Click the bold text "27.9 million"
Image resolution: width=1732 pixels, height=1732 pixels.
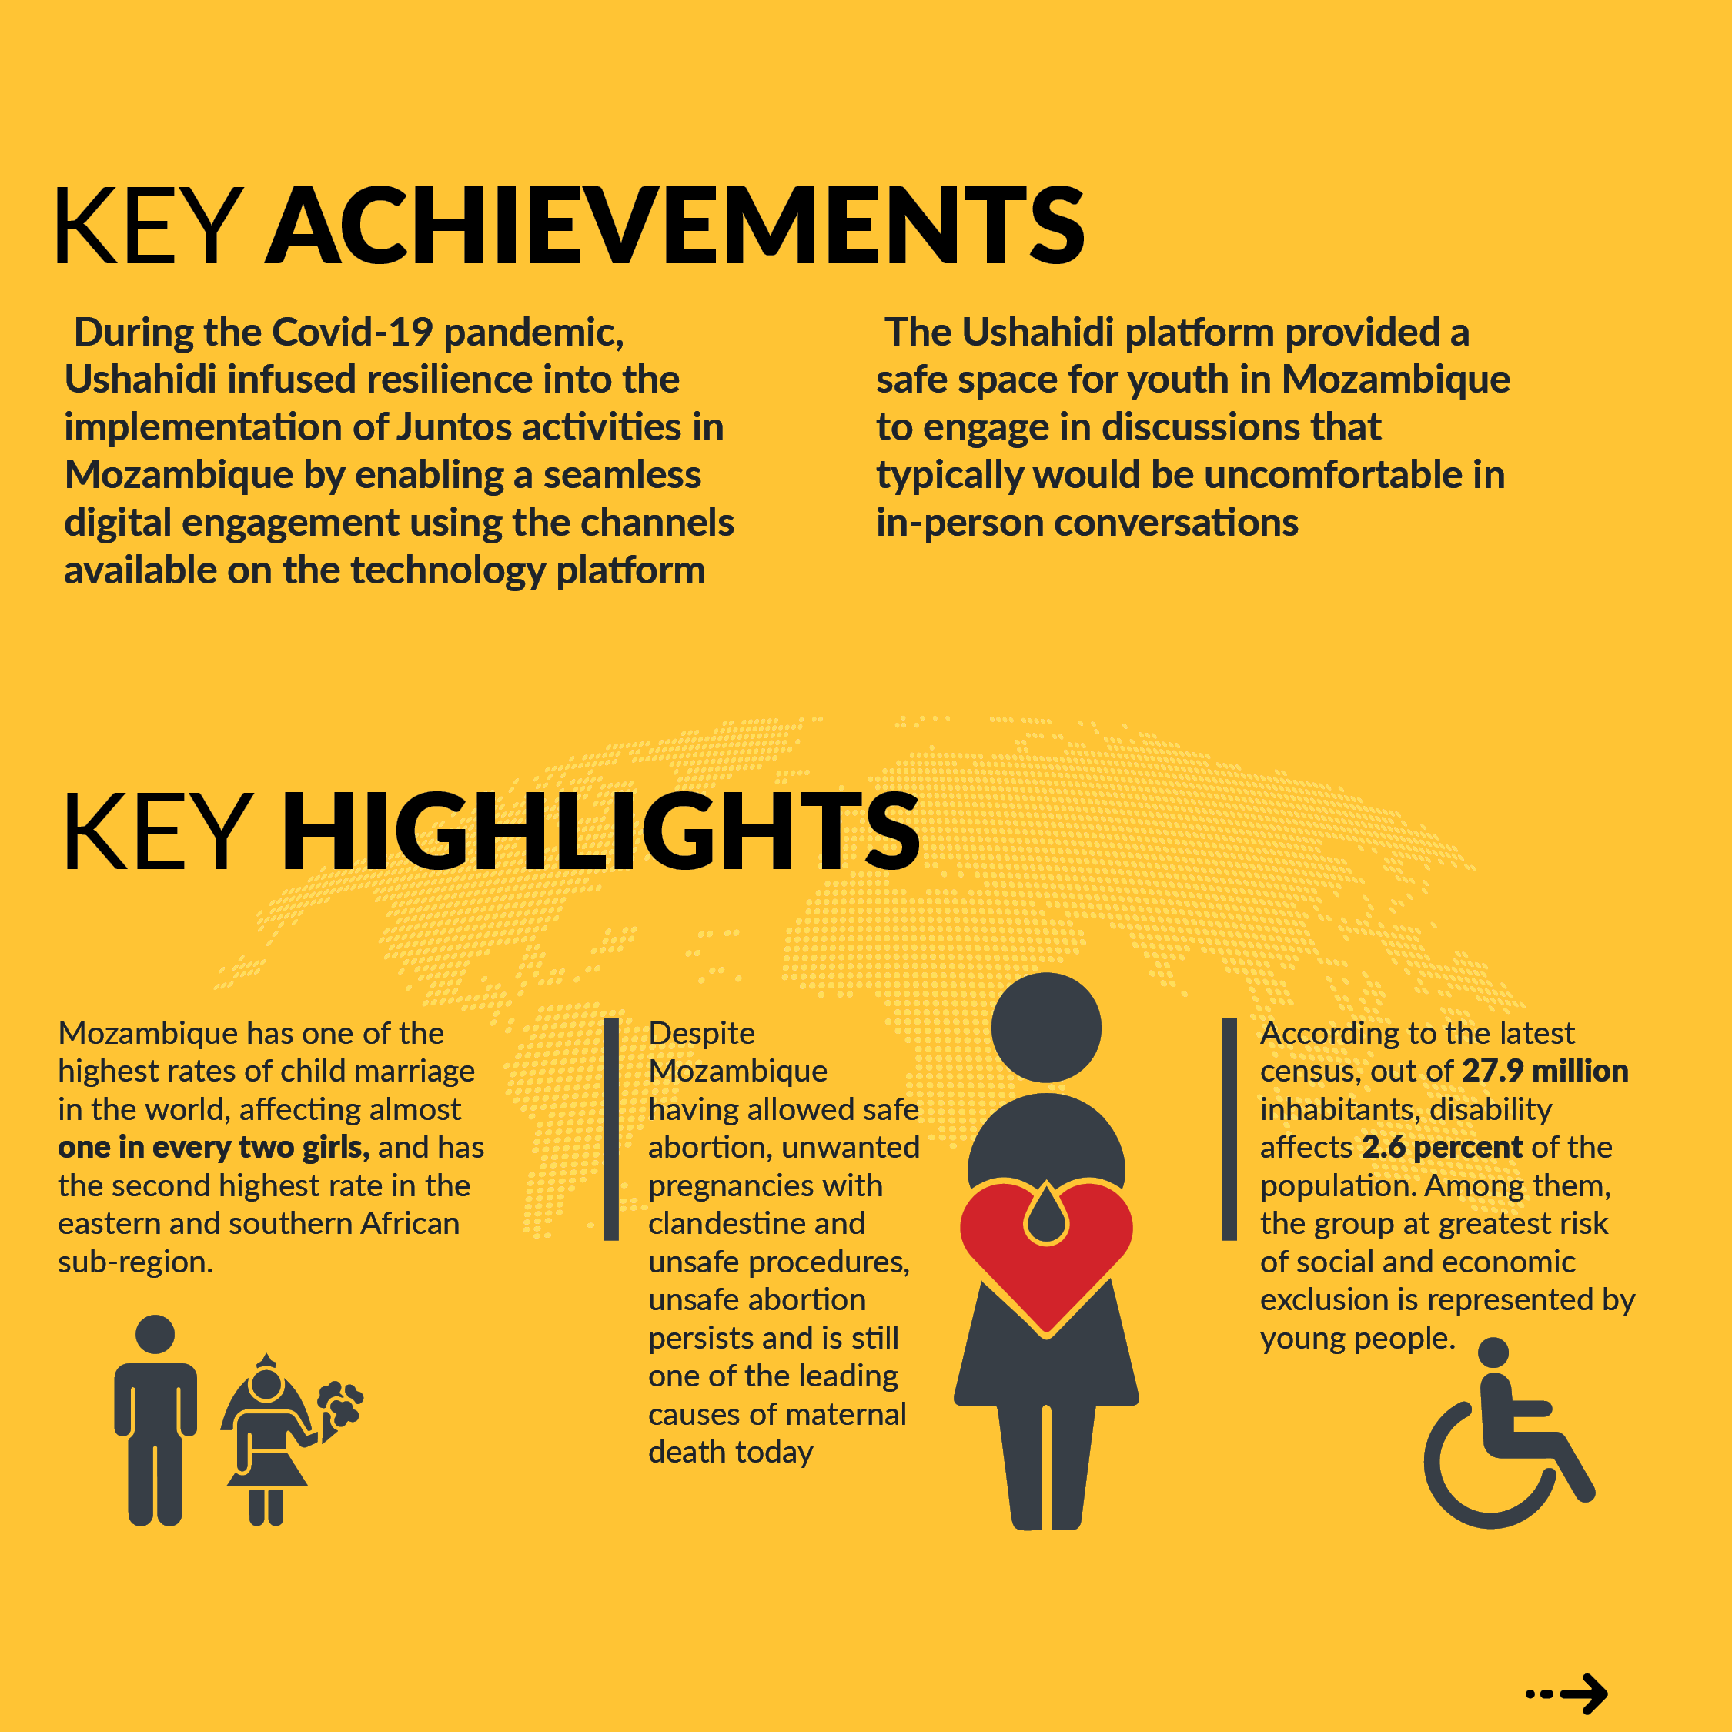pos(1545,1071)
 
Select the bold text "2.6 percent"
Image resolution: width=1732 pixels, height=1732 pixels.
pos(1442,1147)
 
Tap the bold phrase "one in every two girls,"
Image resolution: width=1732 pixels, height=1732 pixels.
pos(213,1147)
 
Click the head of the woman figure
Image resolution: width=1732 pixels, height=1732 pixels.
pos(1045,1028)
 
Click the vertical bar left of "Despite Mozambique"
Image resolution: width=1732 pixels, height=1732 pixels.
pos(611,1128)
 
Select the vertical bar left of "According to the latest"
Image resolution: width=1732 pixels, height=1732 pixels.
pos(1229,1128)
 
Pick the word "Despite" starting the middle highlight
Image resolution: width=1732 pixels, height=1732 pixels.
pos(701,1033)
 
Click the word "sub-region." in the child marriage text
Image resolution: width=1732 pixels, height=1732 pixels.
pos(135,1262)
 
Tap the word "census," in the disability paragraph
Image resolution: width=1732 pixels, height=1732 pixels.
pos(1312,1071)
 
